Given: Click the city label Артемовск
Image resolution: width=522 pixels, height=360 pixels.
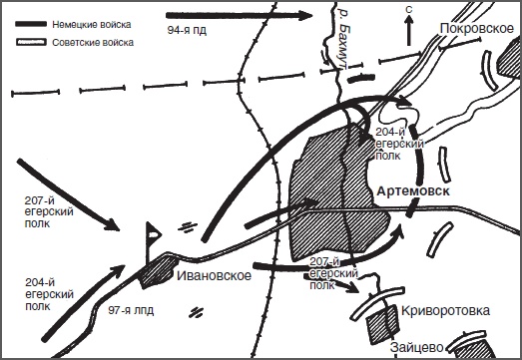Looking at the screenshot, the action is tap(413, 191).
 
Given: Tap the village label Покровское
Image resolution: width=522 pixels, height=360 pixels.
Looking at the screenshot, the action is tap(477, 29).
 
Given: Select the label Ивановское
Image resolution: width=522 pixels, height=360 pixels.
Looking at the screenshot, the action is tap(214, 276).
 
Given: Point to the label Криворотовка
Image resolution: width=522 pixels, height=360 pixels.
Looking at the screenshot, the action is tap(445, 311).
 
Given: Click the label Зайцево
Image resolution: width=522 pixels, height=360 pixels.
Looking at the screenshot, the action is tap(417, 347).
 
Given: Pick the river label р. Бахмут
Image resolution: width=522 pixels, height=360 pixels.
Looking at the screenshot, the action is tap(343, 38).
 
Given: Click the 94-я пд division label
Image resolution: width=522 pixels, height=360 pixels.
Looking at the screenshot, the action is tap(187, 30).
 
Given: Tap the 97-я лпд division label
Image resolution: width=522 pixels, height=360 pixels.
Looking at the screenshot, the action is tap(131, 310).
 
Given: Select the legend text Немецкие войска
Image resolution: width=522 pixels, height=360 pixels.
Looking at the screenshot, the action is tap(92, 24).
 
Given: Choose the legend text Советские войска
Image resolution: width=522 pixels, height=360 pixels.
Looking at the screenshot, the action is tap(93, 43).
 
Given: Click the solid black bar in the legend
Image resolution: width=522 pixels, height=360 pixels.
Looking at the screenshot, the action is tap(31, 24).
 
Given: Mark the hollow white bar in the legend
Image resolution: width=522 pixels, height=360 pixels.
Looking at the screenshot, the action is tap(31, 42).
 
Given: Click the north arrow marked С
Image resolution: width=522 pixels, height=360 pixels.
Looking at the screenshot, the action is tap(409, 28).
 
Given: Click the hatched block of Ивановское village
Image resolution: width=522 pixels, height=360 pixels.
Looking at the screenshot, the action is tap(156, 270).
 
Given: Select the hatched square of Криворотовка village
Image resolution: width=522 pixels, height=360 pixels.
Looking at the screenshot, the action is tap(383, 323).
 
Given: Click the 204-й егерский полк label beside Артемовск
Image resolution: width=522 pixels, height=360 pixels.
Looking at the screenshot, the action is tap(399, 144).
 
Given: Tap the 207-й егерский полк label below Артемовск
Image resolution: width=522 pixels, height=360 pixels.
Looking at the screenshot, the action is tap(334, 273).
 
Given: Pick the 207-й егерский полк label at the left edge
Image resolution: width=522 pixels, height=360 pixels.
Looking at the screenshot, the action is tap(49, 211).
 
